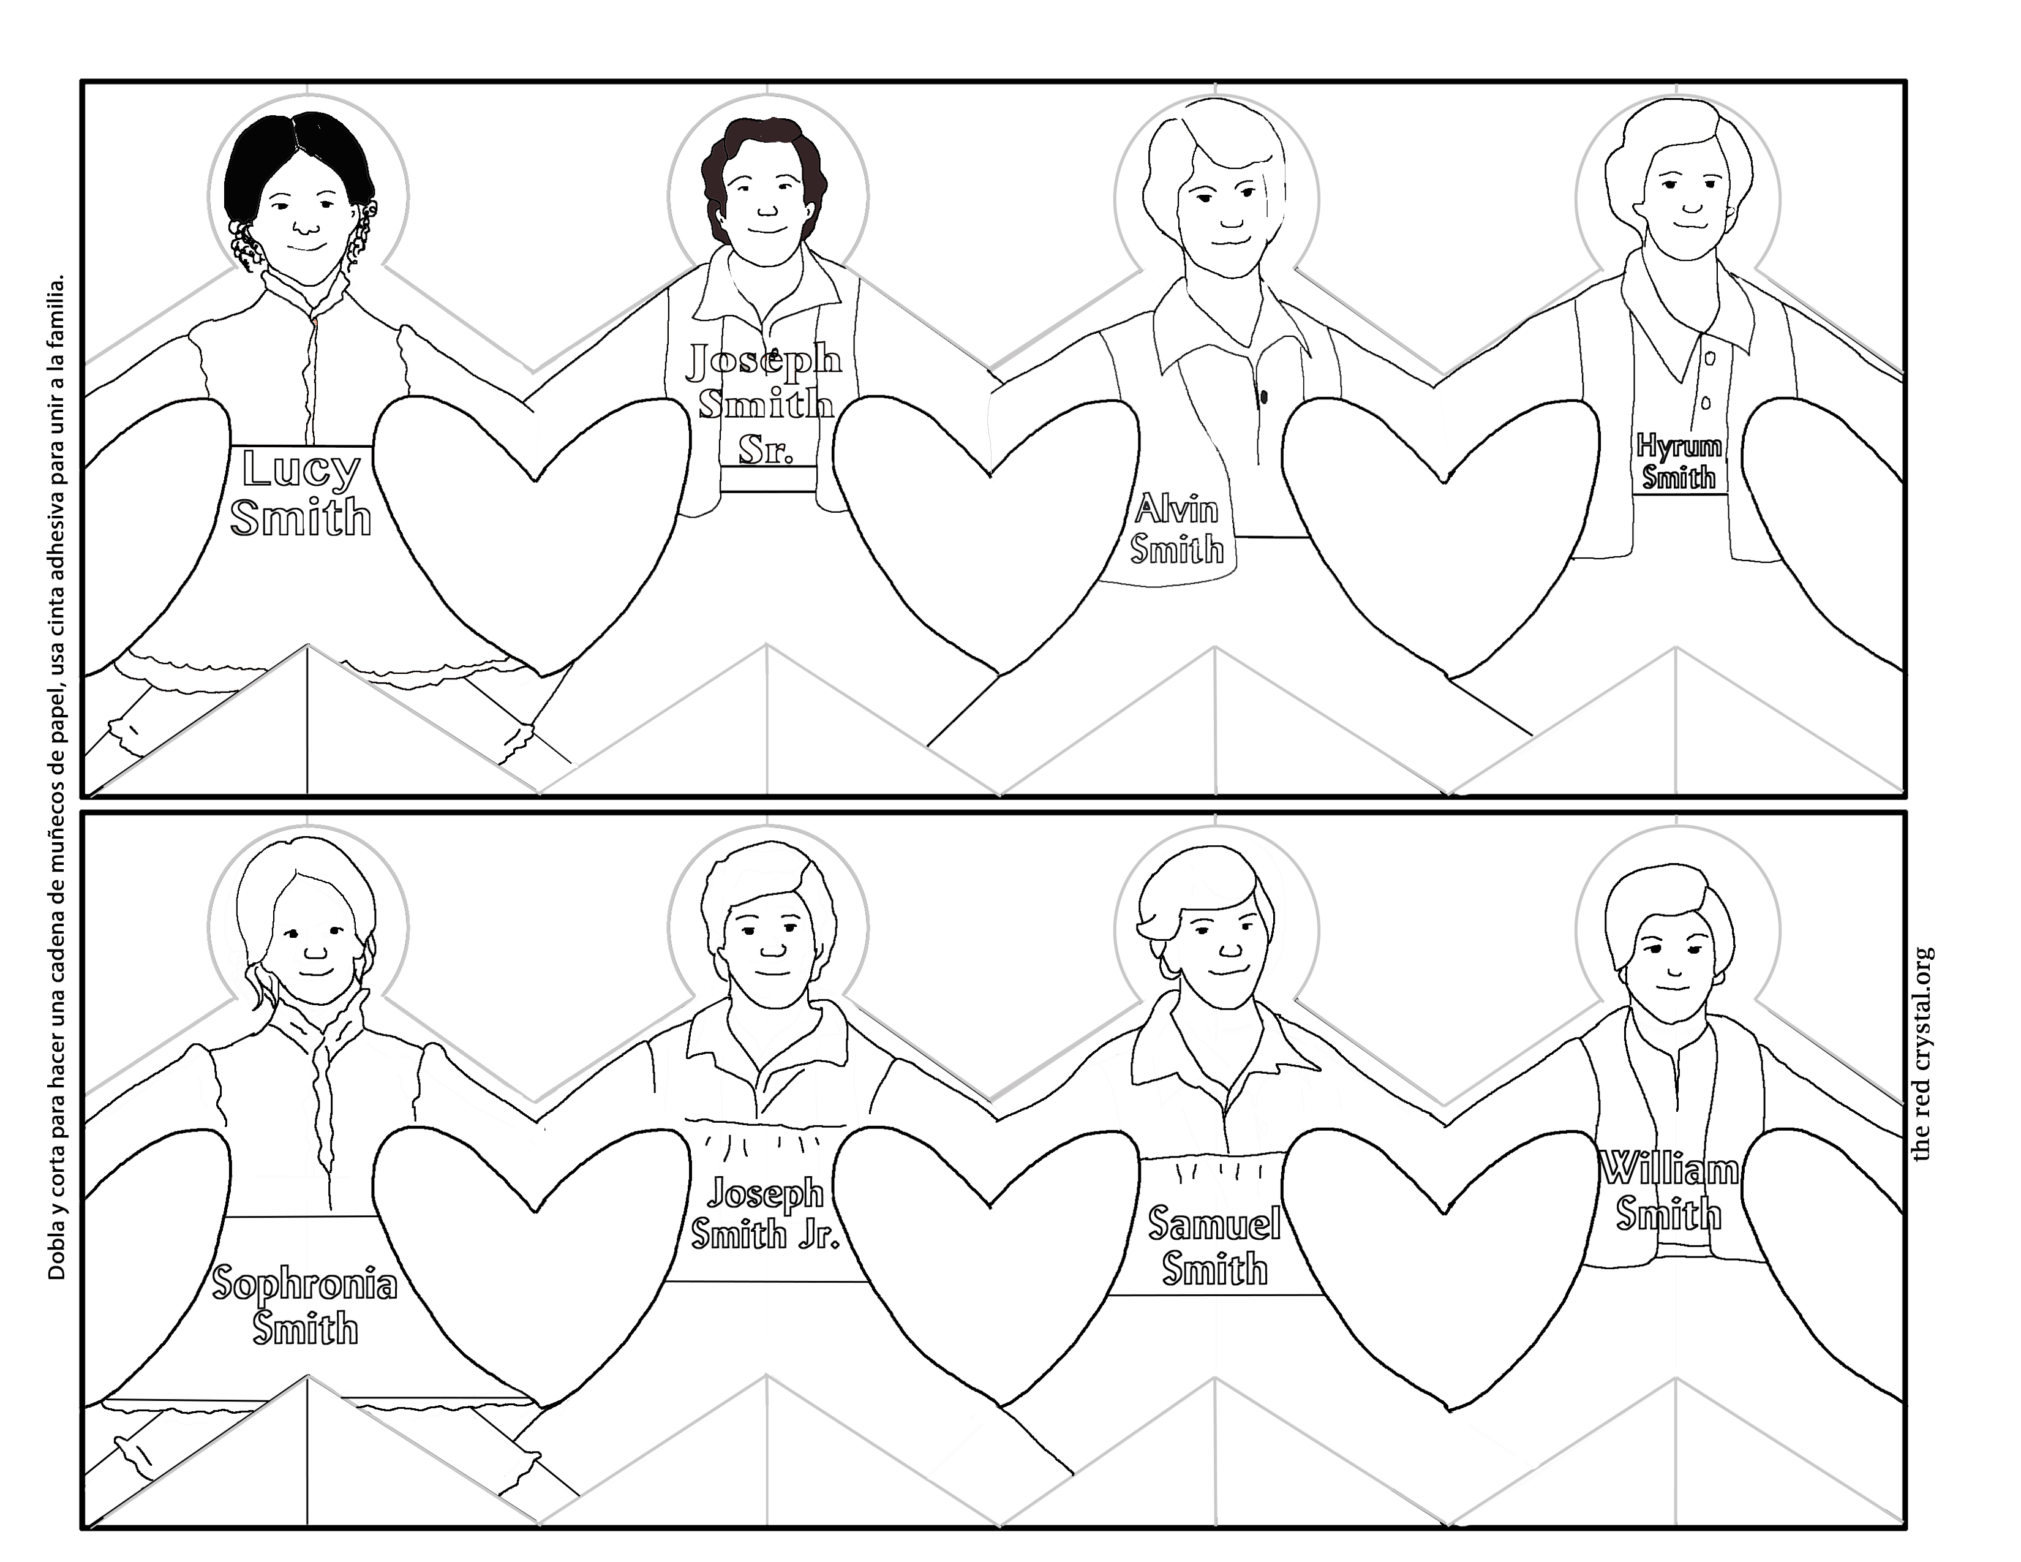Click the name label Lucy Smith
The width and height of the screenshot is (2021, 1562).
(x=301, y=493)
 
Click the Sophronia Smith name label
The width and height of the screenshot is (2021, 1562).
(x=304, y=1305)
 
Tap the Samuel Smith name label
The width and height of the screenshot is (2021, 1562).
(x=1214, y=1245)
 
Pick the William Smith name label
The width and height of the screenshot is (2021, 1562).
(x=1669, y=1191)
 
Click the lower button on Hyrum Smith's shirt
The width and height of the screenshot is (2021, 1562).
(x=1706, y=404)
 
